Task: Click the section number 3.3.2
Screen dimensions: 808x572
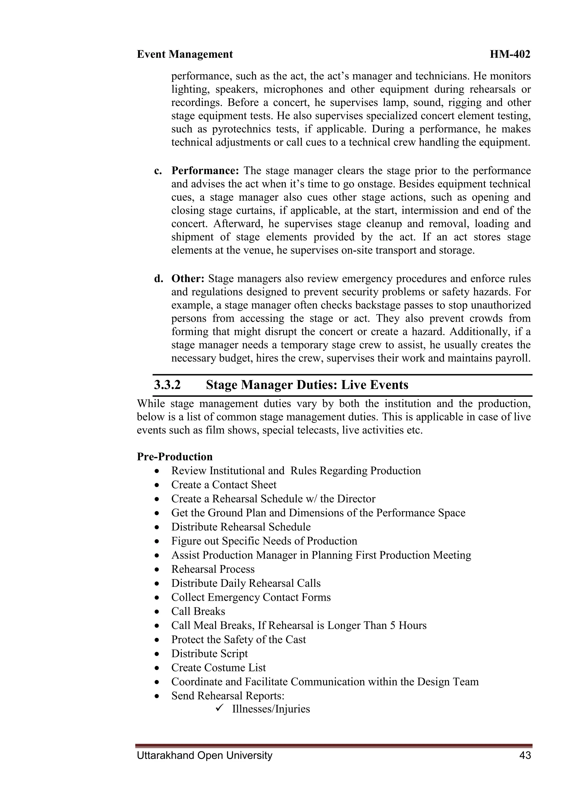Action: [x=167, y=385]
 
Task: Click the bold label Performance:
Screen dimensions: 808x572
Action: [x=205, y=171]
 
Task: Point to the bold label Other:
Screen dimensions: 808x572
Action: [x=188, y=279]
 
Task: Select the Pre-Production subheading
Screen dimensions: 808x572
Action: [x=175, y=457]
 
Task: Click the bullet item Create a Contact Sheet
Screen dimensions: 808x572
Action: [x=224, y=485]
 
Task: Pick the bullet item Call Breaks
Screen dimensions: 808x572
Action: [x=198, y=611]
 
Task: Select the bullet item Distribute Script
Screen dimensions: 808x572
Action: [x=209, y=653]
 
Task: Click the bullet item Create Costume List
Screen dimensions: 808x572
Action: [x=218, y=668]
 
